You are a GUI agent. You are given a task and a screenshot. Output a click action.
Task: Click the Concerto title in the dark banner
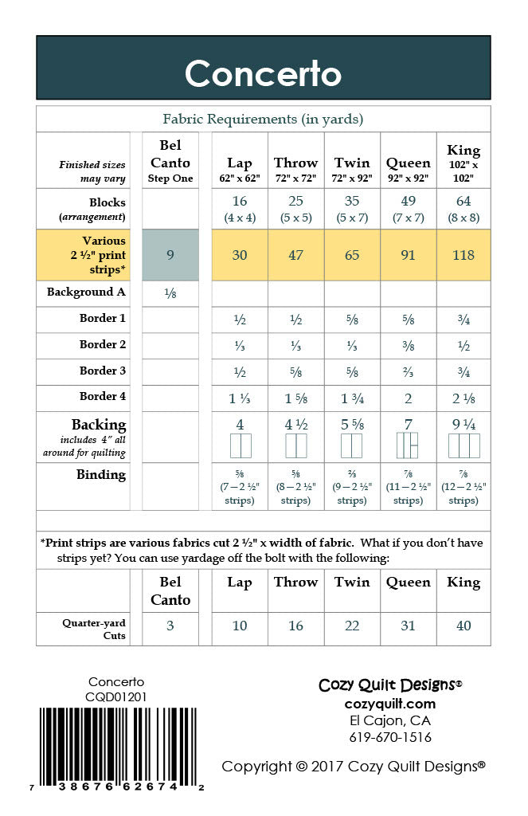(x=263, y=74)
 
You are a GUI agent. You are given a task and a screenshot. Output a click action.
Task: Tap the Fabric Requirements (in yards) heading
(x=263, y=120)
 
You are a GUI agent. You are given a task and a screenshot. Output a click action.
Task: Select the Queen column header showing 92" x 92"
(x=408, y=169)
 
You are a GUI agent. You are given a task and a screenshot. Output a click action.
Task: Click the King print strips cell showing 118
(x=463, y=255)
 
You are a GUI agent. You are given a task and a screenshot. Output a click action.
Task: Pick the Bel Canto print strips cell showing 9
(x=170, y=255)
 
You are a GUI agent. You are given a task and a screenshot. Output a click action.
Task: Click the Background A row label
(x=86, y=292)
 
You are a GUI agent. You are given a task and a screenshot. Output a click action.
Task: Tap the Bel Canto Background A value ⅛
(x=170, y=292)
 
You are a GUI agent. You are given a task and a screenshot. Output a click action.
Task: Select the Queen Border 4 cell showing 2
(x=408, y=398)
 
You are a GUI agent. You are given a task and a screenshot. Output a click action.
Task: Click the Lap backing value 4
(x=240, y=425)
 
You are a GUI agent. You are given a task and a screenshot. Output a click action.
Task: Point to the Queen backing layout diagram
(x=408, y=446)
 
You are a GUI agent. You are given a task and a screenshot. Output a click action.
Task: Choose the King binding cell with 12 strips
(x=463, y=486)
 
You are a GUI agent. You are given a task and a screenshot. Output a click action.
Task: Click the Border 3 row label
(x=103, y=371)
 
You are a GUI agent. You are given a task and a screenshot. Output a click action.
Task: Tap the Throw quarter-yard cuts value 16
(x=295, y=626)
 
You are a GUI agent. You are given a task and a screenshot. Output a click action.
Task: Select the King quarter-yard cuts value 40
(x=463, y=626)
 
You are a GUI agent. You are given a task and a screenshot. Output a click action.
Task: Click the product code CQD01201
(x=116, y=696)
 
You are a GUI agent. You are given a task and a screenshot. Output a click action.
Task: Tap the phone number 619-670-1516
(x=390, y=737)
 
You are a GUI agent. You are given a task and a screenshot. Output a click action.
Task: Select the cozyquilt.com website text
(x=390, y=703)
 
